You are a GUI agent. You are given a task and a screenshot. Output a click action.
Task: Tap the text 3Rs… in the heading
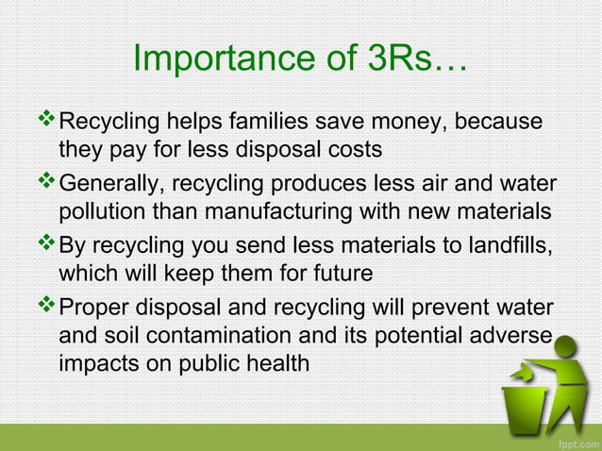point(413,58)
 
